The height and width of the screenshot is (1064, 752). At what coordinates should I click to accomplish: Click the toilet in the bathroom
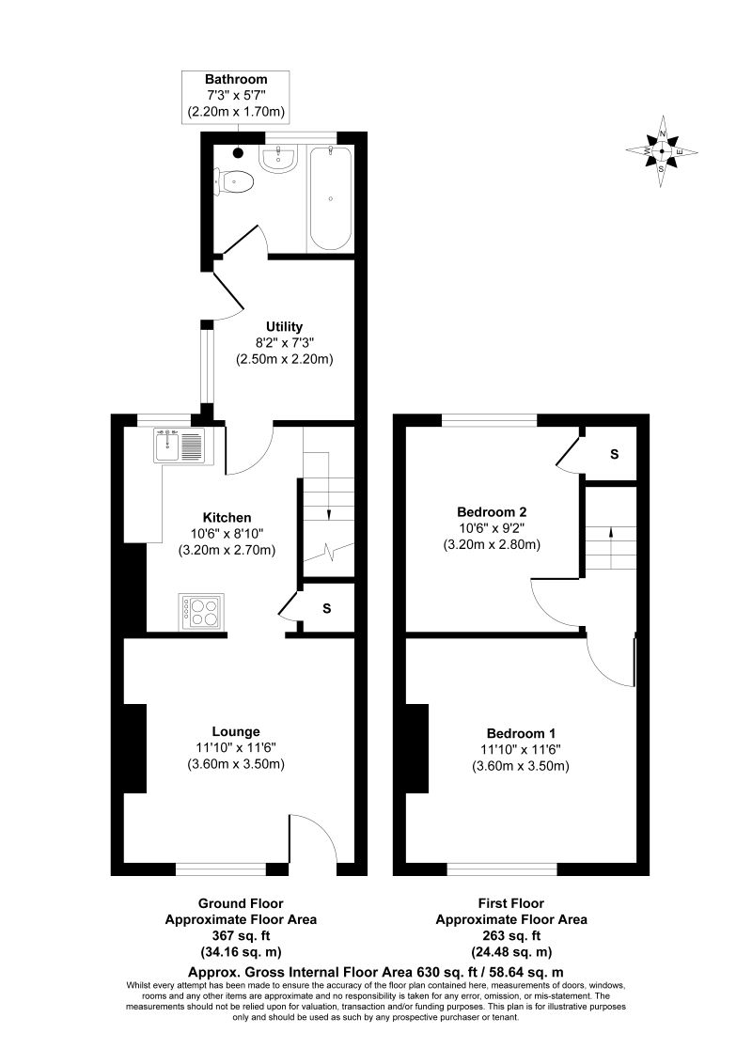(x=236, y=181)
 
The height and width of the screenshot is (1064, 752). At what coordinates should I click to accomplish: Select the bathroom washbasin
(x=279, y=161)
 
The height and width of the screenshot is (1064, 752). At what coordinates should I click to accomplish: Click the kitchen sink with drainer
(x=180, y=444)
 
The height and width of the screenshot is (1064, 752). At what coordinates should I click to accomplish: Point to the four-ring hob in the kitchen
(x=199, y=611)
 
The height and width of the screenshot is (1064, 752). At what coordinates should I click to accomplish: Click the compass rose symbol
(x=663, y=151)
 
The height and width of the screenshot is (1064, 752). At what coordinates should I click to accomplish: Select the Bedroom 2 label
(x=491, y=511)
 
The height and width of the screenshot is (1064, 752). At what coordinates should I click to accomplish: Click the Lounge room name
(x=236, y=730)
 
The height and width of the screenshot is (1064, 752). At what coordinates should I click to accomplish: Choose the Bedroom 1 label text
(x=521, y=733)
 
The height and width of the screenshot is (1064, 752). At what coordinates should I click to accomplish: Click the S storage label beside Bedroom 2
(x=614, y=454)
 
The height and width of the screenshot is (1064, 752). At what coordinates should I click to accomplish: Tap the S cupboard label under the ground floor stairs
(x=326, y=608)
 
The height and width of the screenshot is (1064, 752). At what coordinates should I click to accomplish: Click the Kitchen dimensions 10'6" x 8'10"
(x=227, y=534)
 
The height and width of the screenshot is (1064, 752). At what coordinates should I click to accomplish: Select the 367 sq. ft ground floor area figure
(x=238, y=936)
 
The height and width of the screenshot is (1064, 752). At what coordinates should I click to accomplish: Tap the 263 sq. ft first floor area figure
(x=511, y=936)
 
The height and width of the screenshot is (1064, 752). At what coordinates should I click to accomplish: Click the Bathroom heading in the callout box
(x=237, y=79)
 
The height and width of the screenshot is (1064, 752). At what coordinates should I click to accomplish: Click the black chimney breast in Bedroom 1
(x=416, y=748)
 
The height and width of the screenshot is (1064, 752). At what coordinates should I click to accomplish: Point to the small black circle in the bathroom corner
(x=238, y=152)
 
